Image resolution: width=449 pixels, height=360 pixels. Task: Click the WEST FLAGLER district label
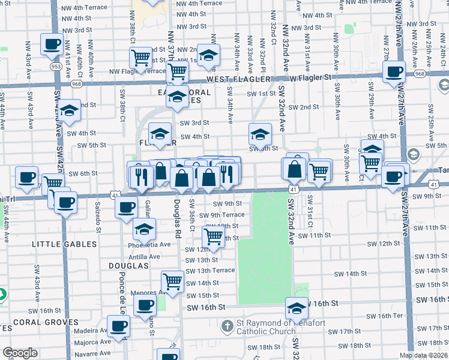point(236,79)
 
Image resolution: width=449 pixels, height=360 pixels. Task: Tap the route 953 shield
point(56,66)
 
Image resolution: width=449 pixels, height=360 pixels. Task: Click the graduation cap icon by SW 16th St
point(297,308)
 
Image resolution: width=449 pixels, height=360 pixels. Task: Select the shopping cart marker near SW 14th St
point(173,280)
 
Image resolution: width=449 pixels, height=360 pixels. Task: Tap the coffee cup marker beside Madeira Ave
point(118,326)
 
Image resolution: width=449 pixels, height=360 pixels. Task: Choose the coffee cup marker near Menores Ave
point(144,305)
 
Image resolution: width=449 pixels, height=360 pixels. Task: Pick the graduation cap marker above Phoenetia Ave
point(144,230)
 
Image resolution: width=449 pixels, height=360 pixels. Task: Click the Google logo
point(20,353)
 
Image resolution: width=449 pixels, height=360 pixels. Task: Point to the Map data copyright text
point(424,355)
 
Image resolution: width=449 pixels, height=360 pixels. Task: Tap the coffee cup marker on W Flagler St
point(394,72)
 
